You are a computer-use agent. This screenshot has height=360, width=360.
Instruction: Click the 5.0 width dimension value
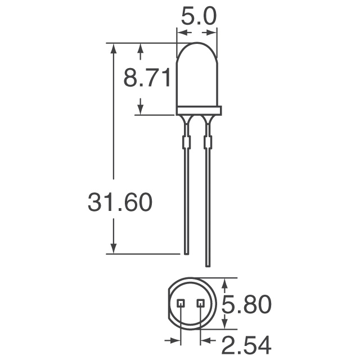[197, 17]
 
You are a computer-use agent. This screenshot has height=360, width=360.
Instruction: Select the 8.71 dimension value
[148, 79]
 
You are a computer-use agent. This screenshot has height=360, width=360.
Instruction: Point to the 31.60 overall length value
[120, 202]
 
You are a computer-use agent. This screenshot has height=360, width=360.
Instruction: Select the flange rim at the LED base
[199, 110]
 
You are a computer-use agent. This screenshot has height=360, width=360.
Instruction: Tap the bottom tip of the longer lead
[208, 265]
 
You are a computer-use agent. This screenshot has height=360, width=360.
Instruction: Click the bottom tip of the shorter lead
[186, 252]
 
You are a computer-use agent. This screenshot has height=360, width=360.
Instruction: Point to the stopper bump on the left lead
[186, 141]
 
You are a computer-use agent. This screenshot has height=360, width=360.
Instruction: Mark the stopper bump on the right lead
[208, 141]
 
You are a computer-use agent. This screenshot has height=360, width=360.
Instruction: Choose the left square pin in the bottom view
[181, 304]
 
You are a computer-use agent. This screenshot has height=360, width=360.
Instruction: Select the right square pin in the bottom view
[200, 304]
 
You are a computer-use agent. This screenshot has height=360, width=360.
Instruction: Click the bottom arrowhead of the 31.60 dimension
[114, 248]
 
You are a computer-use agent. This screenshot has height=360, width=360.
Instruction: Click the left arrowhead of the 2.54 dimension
[176, 340]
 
